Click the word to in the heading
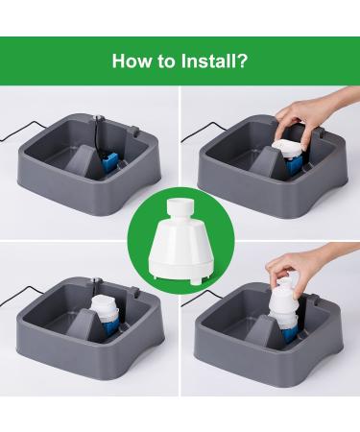[x=166, y=61]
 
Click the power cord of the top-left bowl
[x=19, y=130]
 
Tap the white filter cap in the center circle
[x=180, y=238]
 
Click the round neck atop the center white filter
[x=180, y=207]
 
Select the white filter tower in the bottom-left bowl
[x=105, y=309]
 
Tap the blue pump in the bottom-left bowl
[x=110, y=326]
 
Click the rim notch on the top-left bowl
[x=134, y=132]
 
